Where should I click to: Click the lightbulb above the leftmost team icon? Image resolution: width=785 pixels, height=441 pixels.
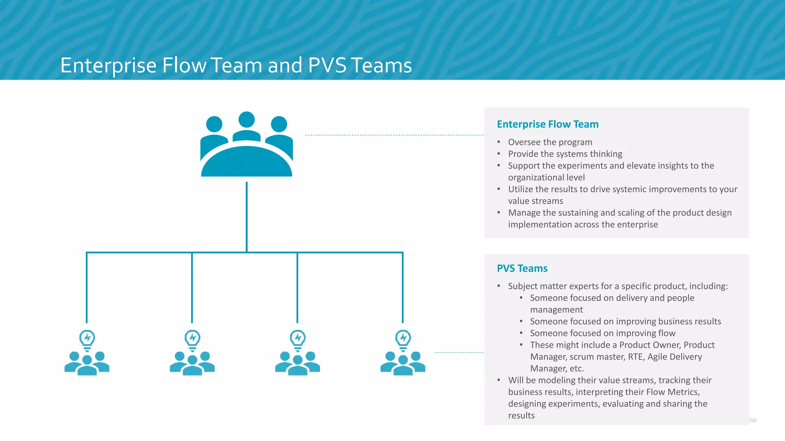87,339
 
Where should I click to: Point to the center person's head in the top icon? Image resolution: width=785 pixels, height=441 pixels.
246,120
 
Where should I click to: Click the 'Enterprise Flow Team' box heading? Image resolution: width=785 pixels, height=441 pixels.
547,124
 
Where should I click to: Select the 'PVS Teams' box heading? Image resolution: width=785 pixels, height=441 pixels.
522,268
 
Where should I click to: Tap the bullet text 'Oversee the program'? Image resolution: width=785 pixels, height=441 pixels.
550,142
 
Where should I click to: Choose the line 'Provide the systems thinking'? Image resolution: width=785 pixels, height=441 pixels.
565,154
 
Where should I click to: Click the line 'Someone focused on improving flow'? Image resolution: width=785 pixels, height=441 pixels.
603,333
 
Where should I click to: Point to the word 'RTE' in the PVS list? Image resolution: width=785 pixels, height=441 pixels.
635,357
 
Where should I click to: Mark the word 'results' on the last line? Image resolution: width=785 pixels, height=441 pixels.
521,416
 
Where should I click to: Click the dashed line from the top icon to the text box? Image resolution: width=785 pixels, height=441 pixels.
395,135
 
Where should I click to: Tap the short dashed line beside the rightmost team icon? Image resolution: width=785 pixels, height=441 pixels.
459,352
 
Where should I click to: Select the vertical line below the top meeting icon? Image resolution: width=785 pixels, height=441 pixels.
246,216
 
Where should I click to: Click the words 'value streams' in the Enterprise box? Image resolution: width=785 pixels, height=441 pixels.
535,201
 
